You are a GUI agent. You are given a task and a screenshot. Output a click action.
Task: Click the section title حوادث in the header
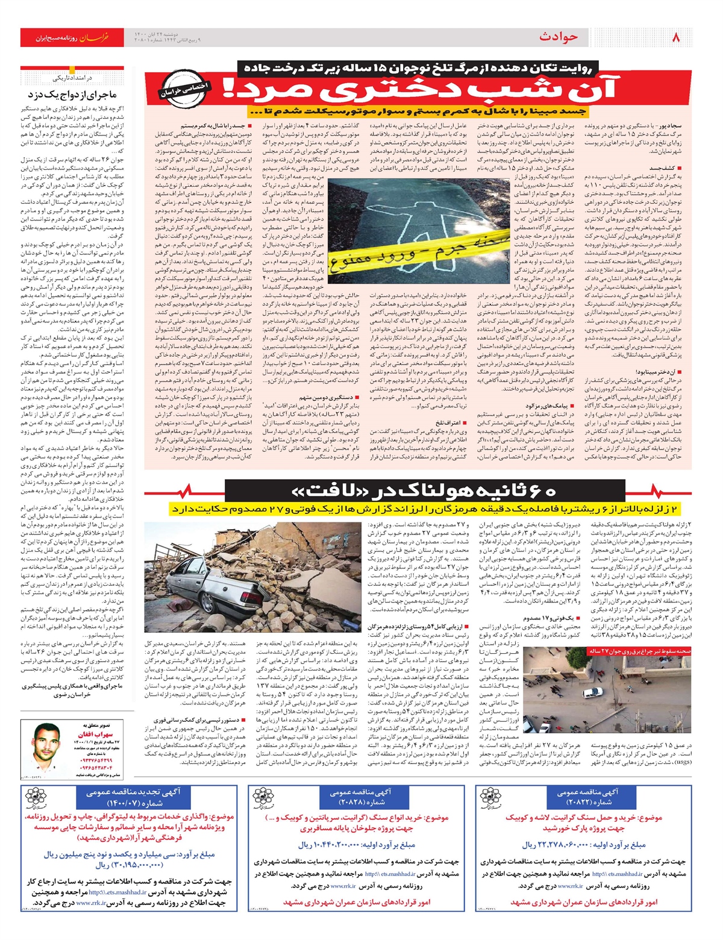(559, 37)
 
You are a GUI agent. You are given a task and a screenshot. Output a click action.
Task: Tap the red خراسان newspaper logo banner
(72, 37)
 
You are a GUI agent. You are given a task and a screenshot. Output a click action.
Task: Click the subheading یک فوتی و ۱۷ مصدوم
(548, 618)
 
